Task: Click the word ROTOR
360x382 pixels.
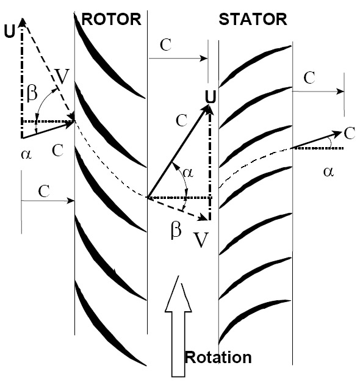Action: click(x=111, y=20)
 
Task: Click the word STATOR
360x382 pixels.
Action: click(x=253, y=20)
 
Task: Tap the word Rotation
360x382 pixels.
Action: click(x=218, y=358)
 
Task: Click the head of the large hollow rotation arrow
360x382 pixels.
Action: click(x=178, y=294)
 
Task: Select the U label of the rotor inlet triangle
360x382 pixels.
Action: click(x=10, y=31)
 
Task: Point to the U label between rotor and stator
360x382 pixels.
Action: click(x=211, y=96)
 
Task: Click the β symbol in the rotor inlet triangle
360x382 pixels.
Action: click(x=32, y=93)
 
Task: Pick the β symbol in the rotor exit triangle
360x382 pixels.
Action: click(x=176, y=229)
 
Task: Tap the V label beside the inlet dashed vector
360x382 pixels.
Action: click(x=62, y=76)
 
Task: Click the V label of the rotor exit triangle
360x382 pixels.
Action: click(x=201, y=239)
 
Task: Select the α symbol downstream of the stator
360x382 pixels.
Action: click(x=328, y=171)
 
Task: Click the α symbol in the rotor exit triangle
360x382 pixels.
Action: click(x=188, y=173)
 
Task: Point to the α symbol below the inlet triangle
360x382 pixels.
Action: click(x=26, y=154)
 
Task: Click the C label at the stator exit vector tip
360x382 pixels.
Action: click(x=350, y=133)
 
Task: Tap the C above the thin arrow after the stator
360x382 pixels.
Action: click(x=309, y=77)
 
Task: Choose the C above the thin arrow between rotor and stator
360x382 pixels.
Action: click(x=165, y=45)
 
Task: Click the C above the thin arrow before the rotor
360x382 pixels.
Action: click(x=44, y=191)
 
